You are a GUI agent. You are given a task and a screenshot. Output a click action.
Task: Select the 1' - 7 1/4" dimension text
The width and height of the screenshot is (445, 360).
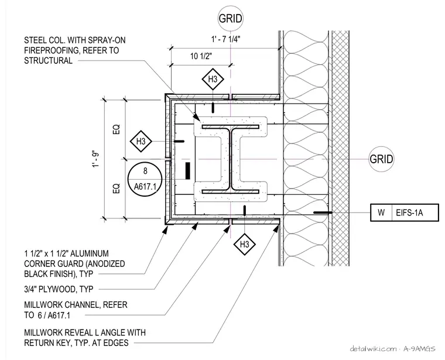coord(225,39)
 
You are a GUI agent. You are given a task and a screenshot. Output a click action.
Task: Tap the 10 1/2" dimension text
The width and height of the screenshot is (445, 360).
coord(201,56)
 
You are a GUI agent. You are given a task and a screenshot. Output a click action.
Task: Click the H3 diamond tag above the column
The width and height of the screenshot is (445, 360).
coord(213,79)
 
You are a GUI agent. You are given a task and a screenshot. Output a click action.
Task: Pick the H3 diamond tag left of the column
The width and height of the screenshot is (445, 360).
coord(141,141)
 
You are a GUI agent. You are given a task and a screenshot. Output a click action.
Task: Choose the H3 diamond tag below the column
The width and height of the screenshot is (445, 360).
coord(244,244)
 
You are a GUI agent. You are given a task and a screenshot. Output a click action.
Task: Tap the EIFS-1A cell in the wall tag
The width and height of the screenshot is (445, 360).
coord(415,212)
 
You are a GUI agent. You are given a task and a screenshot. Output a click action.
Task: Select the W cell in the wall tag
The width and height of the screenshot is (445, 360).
coord(381,212)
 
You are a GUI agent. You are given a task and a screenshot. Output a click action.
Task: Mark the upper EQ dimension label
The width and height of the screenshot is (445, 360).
coord(117,129)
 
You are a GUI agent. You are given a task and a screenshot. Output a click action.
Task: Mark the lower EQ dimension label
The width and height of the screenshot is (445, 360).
coord(117,188)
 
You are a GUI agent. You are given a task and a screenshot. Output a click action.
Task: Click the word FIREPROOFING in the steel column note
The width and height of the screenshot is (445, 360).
coord(48,50)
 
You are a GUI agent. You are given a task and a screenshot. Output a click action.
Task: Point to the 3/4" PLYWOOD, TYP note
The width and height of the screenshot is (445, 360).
coord(59,289)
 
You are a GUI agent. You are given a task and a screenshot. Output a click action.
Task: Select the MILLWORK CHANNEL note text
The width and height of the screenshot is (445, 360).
coord(76,310)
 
